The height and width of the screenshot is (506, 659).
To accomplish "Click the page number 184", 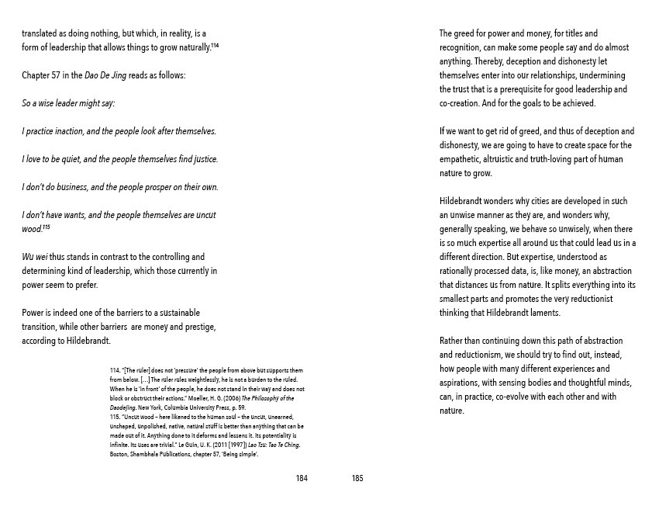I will tap(302, 479).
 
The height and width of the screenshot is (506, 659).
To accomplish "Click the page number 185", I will tap(357, 479).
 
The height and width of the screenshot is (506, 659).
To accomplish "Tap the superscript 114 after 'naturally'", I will tap(215, 45).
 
